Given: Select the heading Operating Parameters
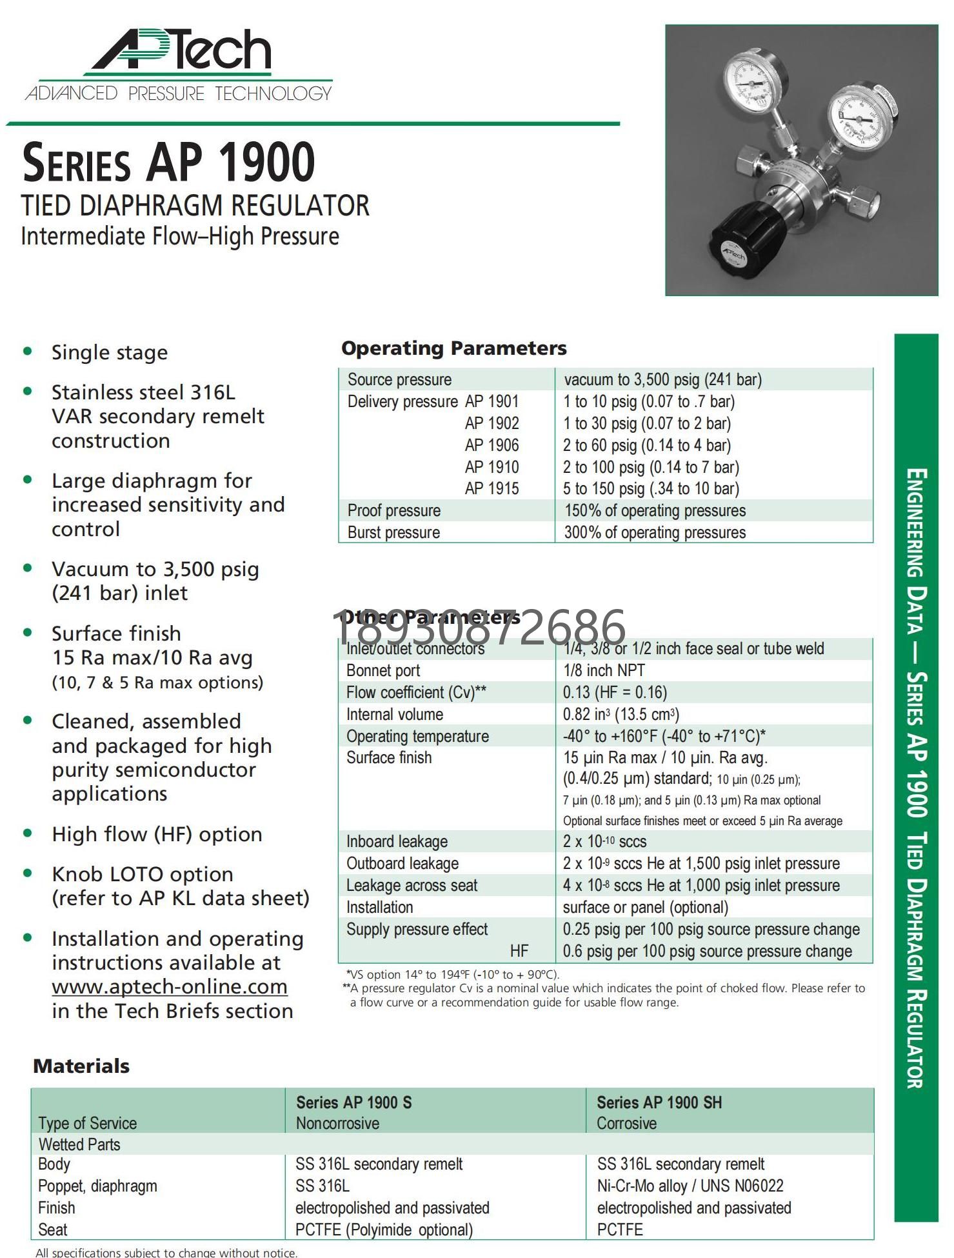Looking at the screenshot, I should click(453, 348).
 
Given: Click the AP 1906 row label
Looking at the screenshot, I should click(492, 445).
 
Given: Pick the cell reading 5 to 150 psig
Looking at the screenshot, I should click(651, 489).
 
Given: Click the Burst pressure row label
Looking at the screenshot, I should click(393, 533).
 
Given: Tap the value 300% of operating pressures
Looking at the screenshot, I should click(655, 533).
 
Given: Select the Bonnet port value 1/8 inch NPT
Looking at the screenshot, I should click(604, 671).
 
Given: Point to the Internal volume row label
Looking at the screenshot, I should click(394, 715).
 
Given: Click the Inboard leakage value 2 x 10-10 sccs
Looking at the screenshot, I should click(604, 842).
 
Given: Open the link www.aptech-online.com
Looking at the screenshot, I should click(170, 987).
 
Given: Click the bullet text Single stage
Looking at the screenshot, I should click(110, 353).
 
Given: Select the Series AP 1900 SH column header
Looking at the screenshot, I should click(659, 1103).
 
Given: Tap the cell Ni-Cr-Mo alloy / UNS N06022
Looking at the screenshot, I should click(690, 1186).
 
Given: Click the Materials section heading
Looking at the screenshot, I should click(81, 1066).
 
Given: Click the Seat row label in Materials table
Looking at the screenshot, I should click(53, 1230).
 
